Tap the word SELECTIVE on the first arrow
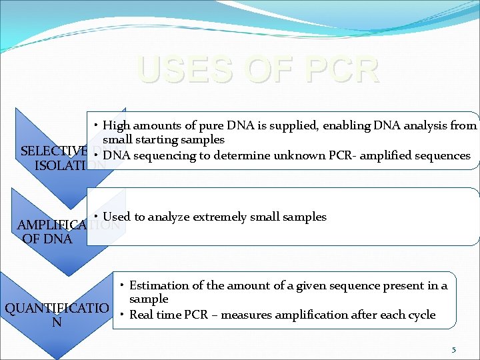pos(54,151)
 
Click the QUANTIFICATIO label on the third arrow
pos(57,309)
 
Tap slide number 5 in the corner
pos(453,349)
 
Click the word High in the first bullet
pos(117,126)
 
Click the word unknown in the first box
pos(296,155)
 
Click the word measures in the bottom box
pos(247,315)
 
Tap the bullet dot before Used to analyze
pos(97,217)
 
